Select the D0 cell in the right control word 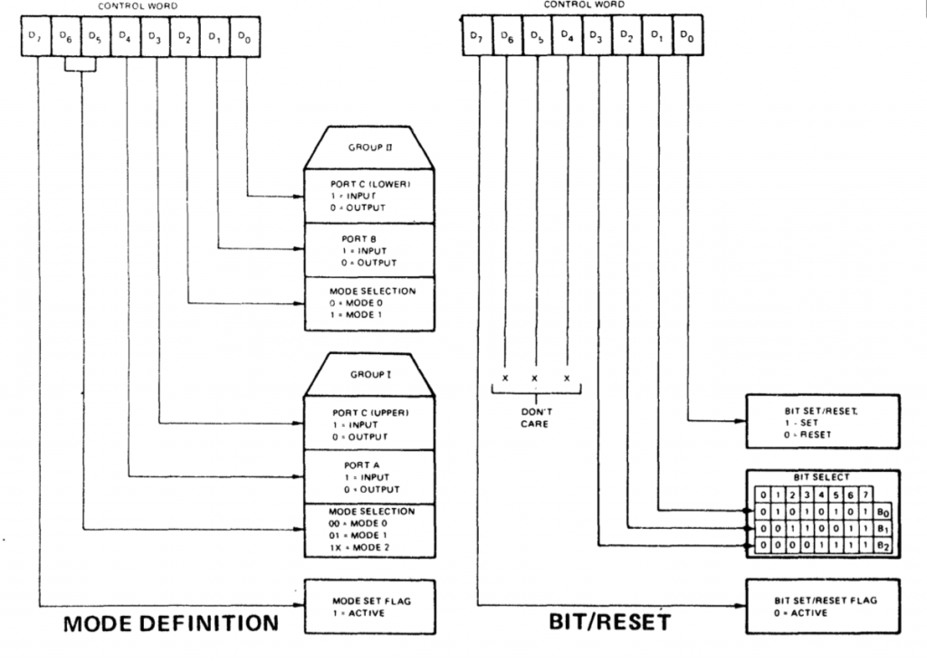[687, 37]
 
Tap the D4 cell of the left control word [127, 37]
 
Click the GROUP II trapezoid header [368, 147]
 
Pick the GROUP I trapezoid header [368, 374]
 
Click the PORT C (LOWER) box [368, 196]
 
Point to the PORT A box [368, 476]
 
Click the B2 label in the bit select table [884, 545]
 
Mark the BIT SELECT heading [822, 477]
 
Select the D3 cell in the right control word [597, 37]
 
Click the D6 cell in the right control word [507, 37]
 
